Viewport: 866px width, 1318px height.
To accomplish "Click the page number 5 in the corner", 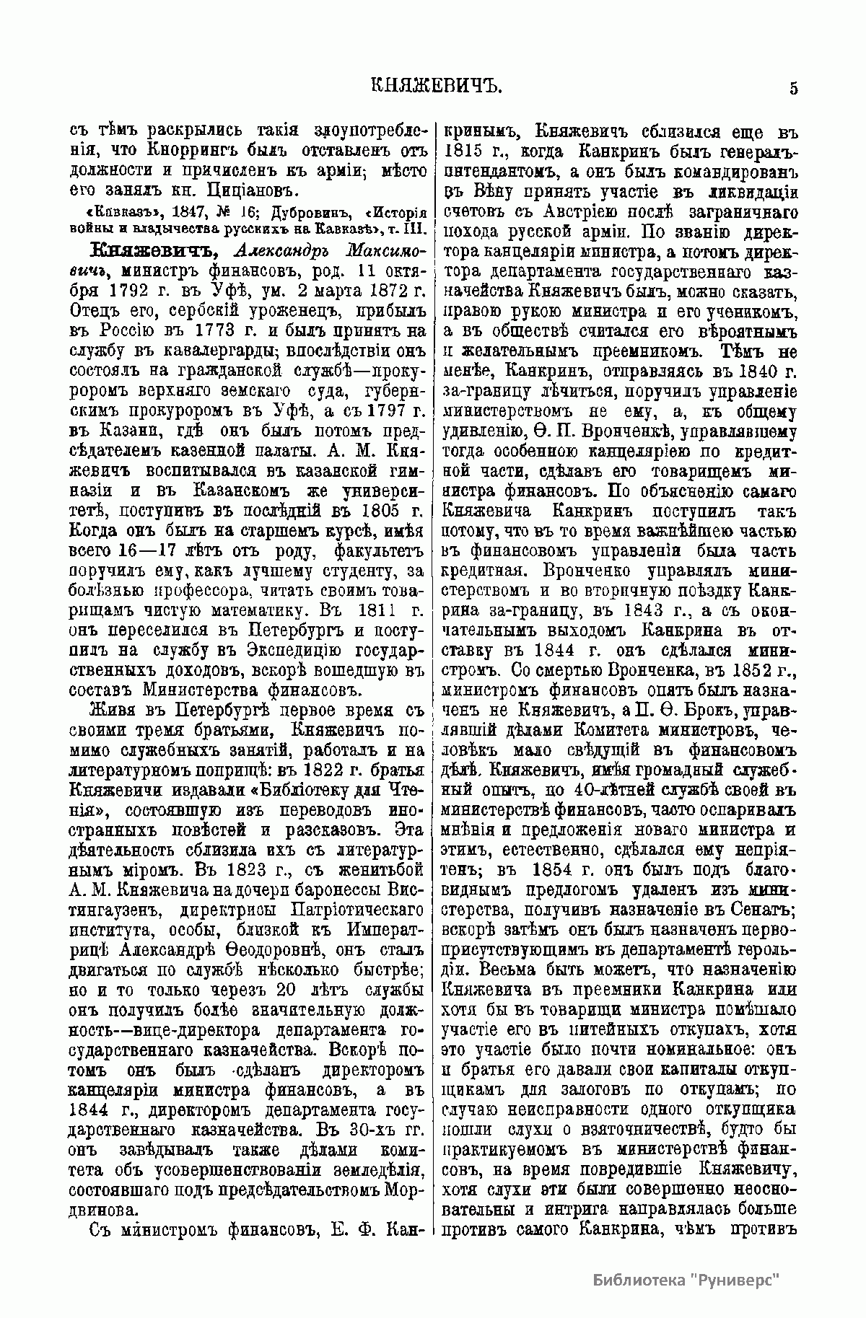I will click(x=793, y=89).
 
